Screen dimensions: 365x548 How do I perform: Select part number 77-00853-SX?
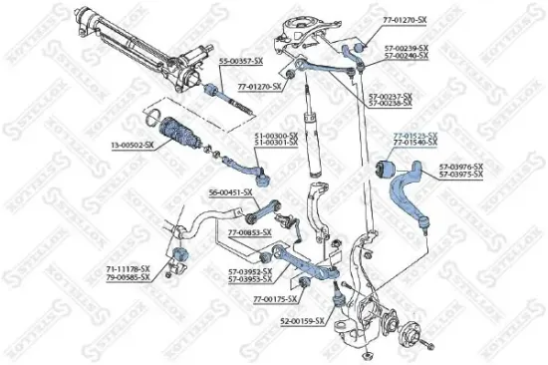pyautogui.click(x=250, y=232)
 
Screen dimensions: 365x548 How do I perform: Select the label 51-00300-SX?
pyautogui.click(x=278, y=135)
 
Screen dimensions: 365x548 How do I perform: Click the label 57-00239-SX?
pyautogui.click(x=409, y=48)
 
